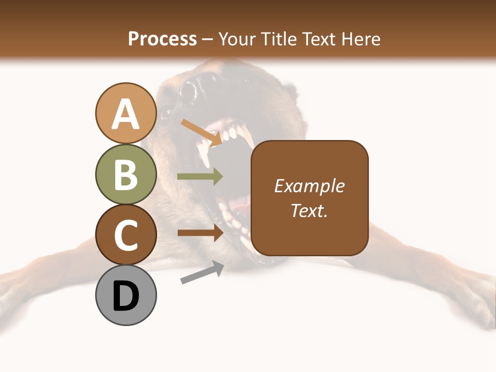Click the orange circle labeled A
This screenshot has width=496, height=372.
click(126, 113)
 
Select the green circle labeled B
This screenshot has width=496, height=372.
click(126, 174)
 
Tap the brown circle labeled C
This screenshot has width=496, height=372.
click(126, 235)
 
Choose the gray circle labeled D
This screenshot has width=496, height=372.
click(126, 295)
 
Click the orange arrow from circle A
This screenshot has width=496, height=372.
click(202, 132)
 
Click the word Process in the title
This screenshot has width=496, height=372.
click(162, 39)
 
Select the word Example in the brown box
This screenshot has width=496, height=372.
click(309, 186)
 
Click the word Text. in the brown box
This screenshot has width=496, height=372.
click(309, 210)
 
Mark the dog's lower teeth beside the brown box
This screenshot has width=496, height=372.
click(233, 217)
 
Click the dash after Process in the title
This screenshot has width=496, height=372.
click(208, 39)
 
